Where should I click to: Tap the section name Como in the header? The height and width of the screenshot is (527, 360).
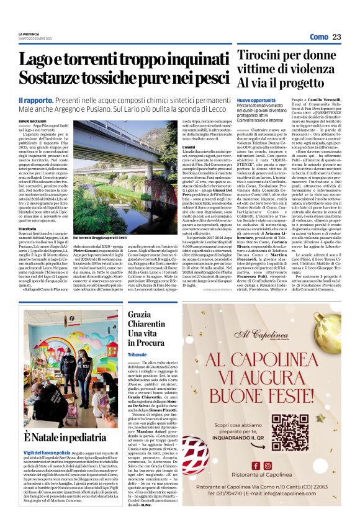tap(318, 37)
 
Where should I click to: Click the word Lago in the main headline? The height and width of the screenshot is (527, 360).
tap(53, 60)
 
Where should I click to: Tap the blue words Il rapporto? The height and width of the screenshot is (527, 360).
tap(37, 101)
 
